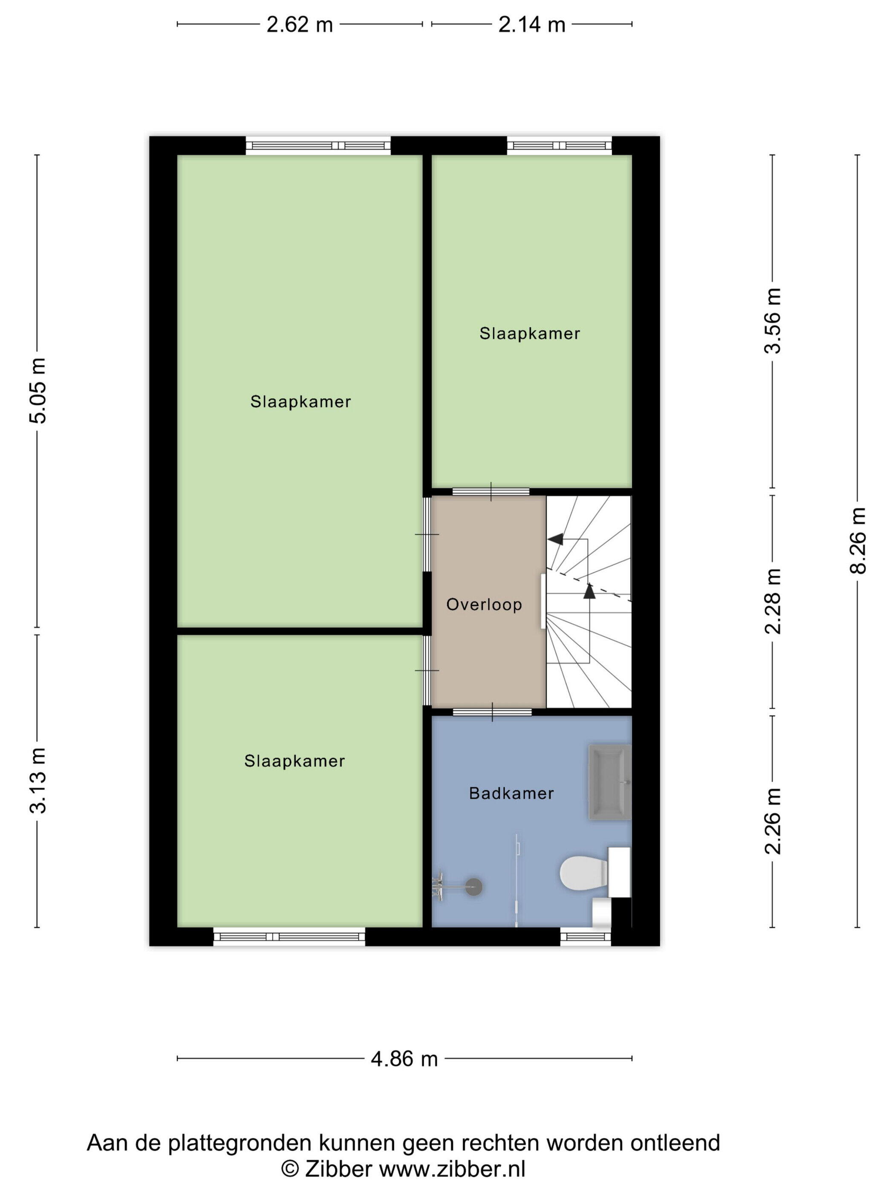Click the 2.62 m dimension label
tap(300, 25)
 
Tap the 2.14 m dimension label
tap(531, 25)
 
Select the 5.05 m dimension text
tap(38, 390)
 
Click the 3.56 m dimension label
tap(773, 320)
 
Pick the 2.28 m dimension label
tap(773, 601)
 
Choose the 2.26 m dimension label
tap(773, 821)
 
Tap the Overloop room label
tap(484, 605)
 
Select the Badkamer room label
tap(511, 793)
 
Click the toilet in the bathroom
tap(595, 872)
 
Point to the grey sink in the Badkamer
tap(609, 782)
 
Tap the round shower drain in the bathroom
tap(473, 887)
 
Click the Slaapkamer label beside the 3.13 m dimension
tap(294, 761)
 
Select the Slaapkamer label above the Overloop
tap(530, 333)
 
